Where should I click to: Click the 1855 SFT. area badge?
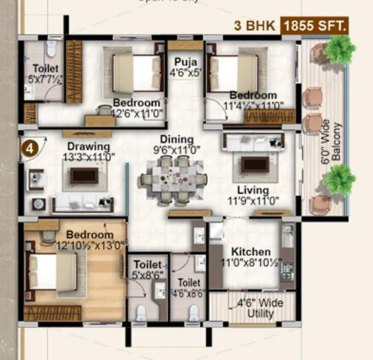[314, 26]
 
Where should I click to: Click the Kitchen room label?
[251, 252]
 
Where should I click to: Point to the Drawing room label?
[88, 146]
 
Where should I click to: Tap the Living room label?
[252, 191]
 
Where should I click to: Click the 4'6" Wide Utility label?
[256, 309]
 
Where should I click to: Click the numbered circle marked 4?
[29, 148]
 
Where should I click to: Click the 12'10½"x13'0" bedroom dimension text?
[91, 247]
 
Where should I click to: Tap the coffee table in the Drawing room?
[85, 175]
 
